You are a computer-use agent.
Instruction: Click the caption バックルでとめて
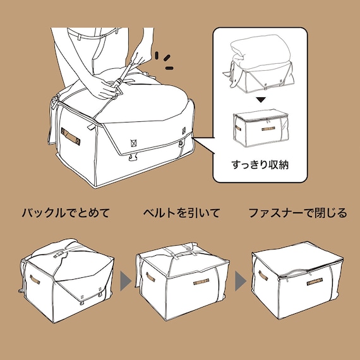(66, 213)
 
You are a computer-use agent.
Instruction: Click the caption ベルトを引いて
(181, 213)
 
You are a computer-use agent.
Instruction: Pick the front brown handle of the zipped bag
(314, 281)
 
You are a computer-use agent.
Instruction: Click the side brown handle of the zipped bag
(263, 276)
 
